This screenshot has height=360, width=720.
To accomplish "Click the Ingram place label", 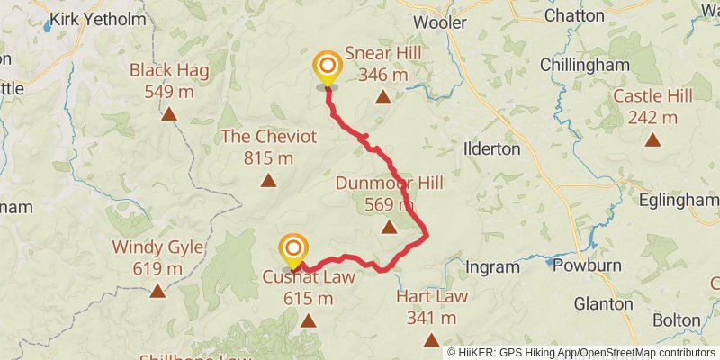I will click(x=493, y=266).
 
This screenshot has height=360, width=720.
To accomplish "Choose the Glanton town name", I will click(x=602, y=303).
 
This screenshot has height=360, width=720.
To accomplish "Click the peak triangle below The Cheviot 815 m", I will click(x=268, y=181).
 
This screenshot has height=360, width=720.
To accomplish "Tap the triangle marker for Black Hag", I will click(x=168, y=113).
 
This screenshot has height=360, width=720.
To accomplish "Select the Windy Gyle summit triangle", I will click(x=157, y=291).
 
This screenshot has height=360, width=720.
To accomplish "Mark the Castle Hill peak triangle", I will click(x=652, y=139).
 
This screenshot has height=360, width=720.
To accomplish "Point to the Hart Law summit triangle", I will click(x=432, y=339).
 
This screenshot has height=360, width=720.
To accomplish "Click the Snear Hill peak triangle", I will click(x=382, y=97).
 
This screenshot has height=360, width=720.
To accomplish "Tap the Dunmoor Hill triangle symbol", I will click(x=389, y=227).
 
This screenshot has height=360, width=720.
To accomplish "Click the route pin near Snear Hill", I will click(x=327, y=68).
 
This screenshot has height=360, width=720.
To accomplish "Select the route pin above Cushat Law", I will click(x=293, y=249).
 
